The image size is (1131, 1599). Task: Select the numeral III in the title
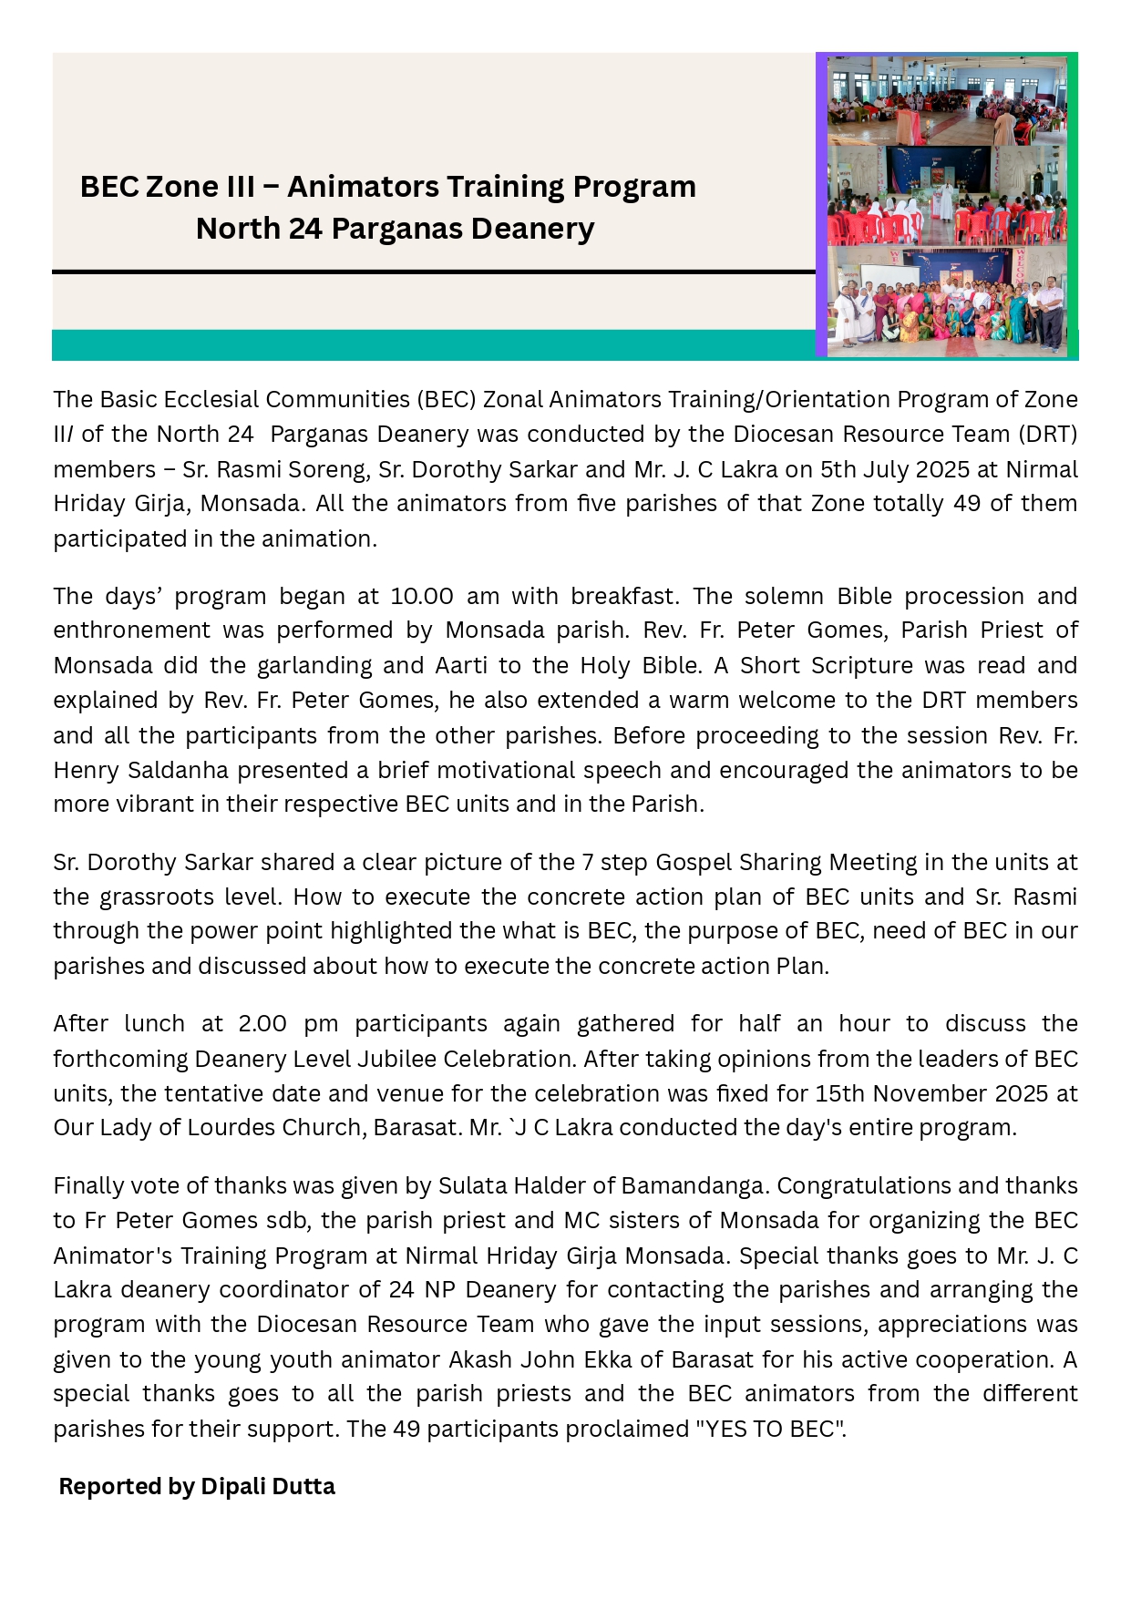coord(240,187)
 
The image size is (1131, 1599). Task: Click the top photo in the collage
coord(947,101)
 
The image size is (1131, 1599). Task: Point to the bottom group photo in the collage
coord(947,302)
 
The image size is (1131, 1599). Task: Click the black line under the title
coord(433,272)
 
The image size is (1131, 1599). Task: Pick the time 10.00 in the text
coord(422,597)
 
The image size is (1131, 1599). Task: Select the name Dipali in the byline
coord(232,1487)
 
